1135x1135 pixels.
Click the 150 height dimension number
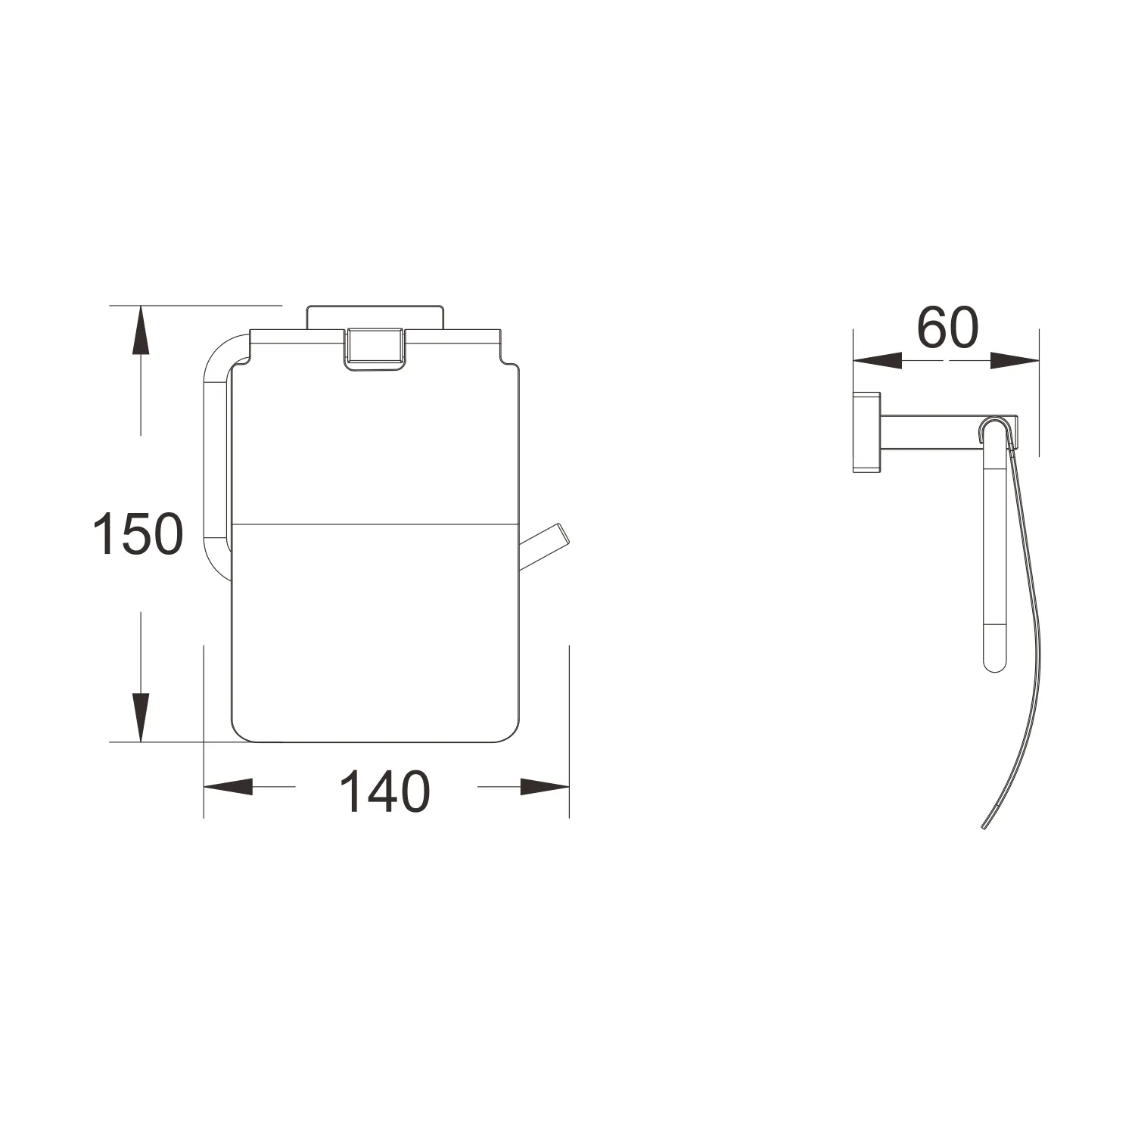[138, 533]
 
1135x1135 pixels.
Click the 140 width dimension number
[385, 792]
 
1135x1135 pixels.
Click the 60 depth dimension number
[947, 328]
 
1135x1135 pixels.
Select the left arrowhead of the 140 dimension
[229, 787]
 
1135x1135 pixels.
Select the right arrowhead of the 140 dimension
[545, 787]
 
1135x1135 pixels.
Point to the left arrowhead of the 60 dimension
[878, 361]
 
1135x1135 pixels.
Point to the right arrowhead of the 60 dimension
[1014, 361]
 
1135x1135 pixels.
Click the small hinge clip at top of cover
[373, 349]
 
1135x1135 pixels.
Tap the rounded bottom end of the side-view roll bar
[994, 661]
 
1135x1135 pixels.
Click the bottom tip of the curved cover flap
[984, 829]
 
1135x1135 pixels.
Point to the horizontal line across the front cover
[375, 523]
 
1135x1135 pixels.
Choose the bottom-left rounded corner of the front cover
[241, 729]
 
